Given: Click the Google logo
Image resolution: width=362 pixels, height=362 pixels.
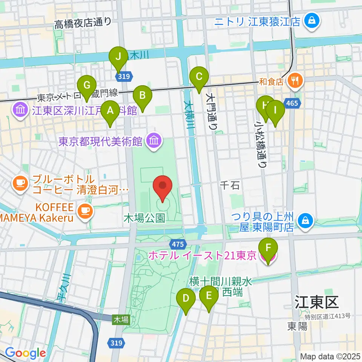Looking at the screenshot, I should click(x=25, y=353).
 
